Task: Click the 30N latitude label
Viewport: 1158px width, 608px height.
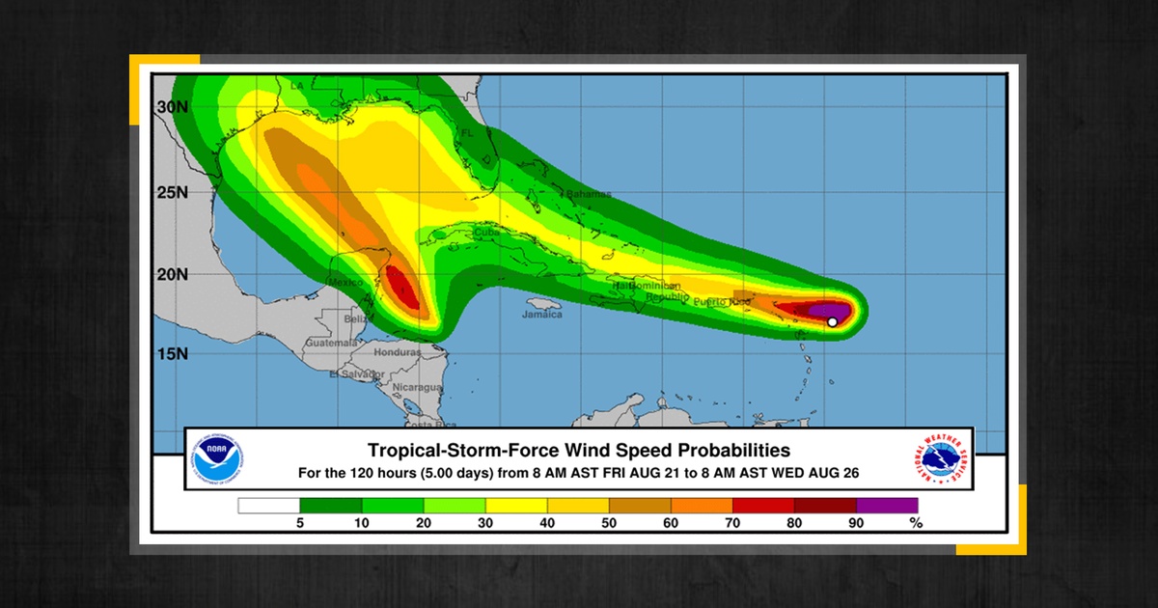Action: [173, 108]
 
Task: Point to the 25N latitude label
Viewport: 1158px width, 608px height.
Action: [173, 191]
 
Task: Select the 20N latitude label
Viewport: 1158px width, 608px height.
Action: [173, 274]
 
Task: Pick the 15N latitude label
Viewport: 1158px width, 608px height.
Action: [173, 354]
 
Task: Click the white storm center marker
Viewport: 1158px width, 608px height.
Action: [832, 322]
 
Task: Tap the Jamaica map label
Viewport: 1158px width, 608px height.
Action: [541, 315]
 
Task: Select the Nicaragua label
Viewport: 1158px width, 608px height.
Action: [416, 387]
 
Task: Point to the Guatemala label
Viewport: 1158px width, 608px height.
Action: [330, 344]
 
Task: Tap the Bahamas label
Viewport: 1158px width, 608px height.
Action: [588, 195]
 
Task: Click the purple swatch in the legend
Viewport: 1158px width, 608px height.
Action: [887, 505]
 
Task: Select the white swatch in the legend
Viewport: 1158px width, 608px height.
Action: [269, 505]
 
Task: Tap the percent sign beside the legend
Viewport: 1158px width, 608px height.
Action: [916, 524]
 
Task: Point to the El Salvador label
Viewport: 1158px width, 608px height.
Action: [352, 373]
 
